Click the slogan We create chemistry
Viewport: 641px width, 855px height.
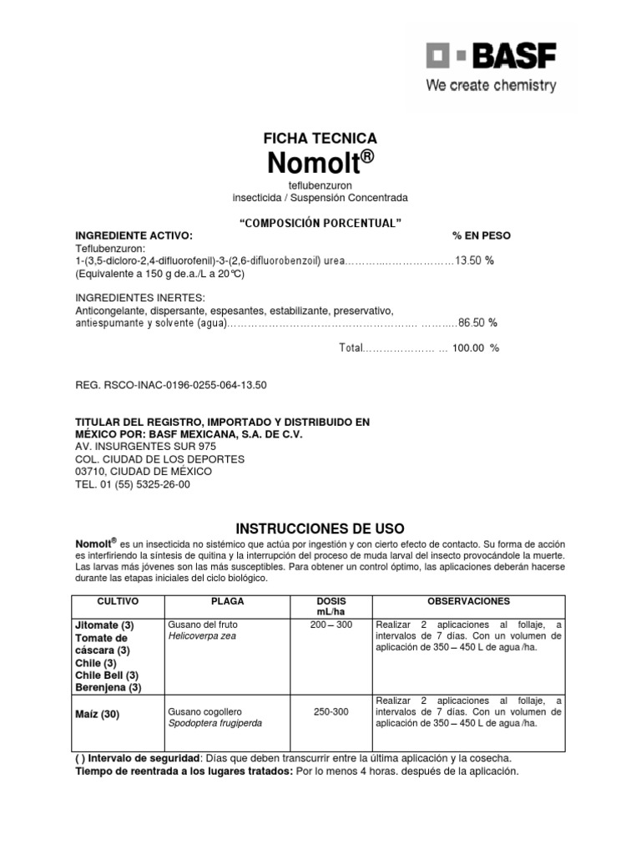point(490,85)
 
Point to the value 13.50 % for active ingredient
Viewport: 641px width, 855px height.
point(475,261)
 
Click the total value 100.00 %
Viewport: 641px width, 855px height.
point(476,348)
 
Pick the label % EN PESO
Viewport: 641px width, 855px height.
point(482,235)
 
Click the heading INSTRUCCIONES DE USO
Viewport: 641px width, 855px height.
point(320,529)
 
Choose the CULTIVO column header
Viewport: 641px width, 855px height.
point(118,601)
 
